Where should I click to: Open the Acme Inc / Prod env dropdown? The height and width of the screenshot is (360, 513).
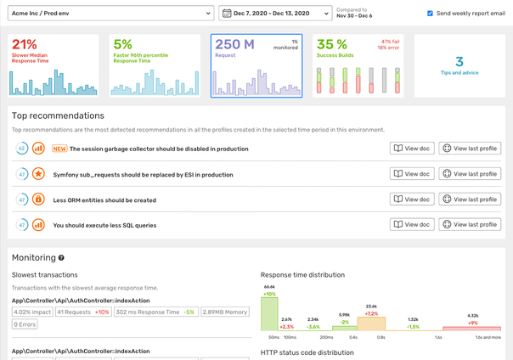[x=110, y=14]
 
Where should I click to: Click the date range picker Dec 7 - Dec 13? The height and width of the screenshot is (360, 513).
[x=275, y=14]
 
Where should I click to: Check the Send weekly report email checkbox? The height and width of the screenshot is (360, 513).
[x=430, y=14]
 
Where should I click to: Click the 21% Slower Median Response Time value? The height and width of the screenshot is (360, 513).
[x=25, y=45]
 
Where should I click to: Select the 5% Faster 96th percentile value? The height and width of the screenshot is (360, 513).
[x=123, y=45]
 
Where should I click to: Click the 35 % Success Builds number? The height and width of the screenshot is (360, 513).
[x=332, y=45]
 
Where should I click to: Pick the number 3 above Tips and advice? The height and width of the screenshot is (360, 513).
[x=459, y=61]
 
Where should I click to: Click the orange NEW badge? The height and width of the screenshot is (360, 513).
[x=59, y=149]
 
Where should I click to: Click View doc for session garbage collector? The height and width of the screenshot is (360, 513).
[x=411, y=149]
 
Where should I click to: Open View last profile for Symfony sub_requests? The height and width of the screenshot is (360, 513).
[x=470, y=174]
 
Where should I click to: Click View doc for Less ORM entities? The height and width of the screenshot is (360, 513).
[x=411, y=200]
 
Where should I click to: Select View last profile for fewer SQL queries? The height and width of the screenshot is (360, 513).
[x=470, y=225]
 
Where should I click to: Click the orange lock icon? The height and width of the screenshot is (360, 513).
[x=38, y=200]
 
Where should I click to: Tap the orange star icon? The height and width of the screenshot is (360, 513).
[x=38, y=174]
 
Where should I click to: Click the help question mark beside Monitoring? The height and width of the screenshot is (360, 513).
[x=61, y=258]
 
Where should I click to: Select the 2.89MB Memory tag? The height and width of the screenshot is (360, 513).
[x=225, y=312]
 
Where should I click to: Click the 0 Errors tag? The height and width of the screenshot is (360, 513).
[x=25, y=324]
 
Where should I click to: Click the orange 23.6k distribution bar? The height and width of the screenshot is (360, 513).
[x=371, y=323]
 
